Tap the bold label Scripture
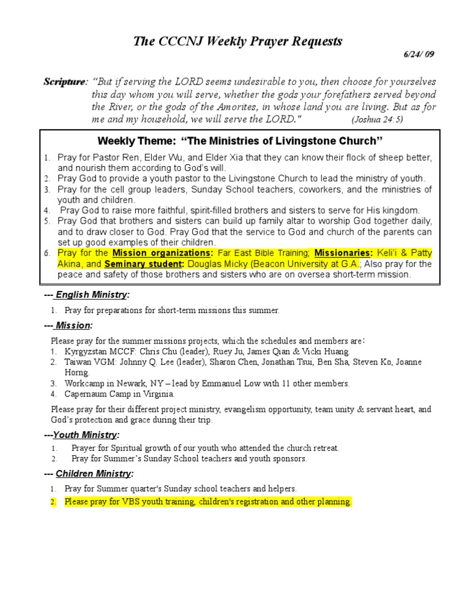[64, 81]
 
